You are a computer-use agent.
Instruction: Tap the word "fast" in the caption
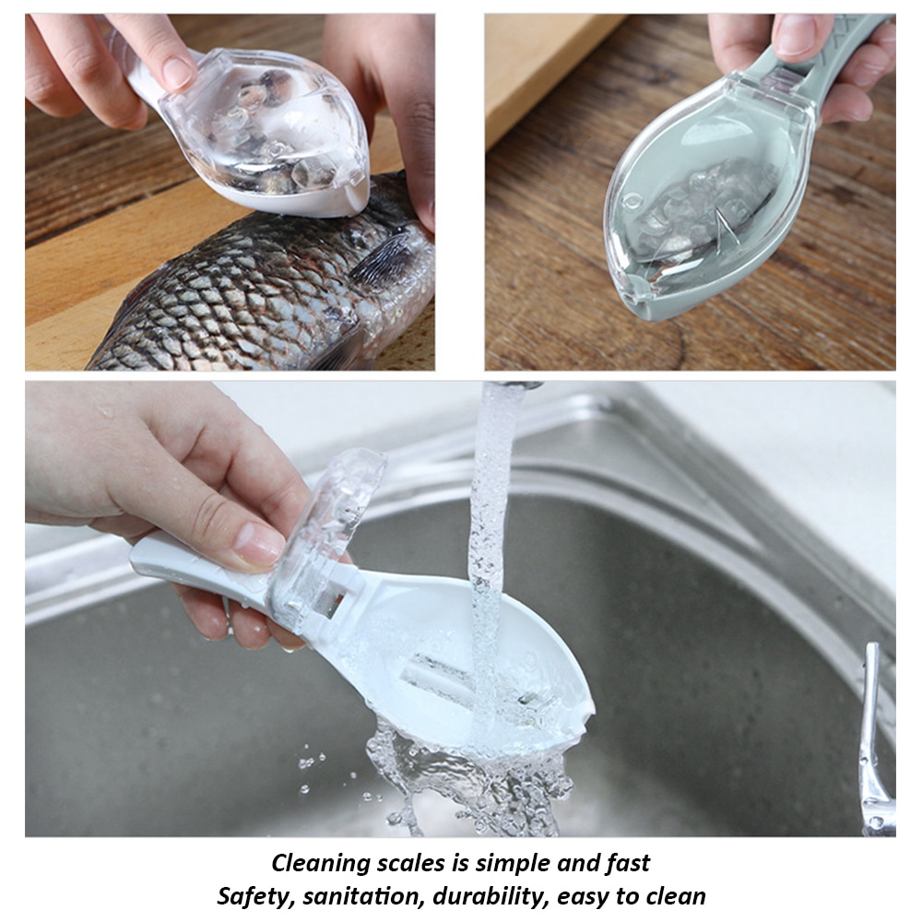[623, 864]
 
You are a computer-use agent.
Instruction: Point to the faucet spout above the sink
[516, 384]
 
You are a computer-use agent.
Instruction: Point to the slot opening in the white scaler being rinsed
[443, 668]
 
